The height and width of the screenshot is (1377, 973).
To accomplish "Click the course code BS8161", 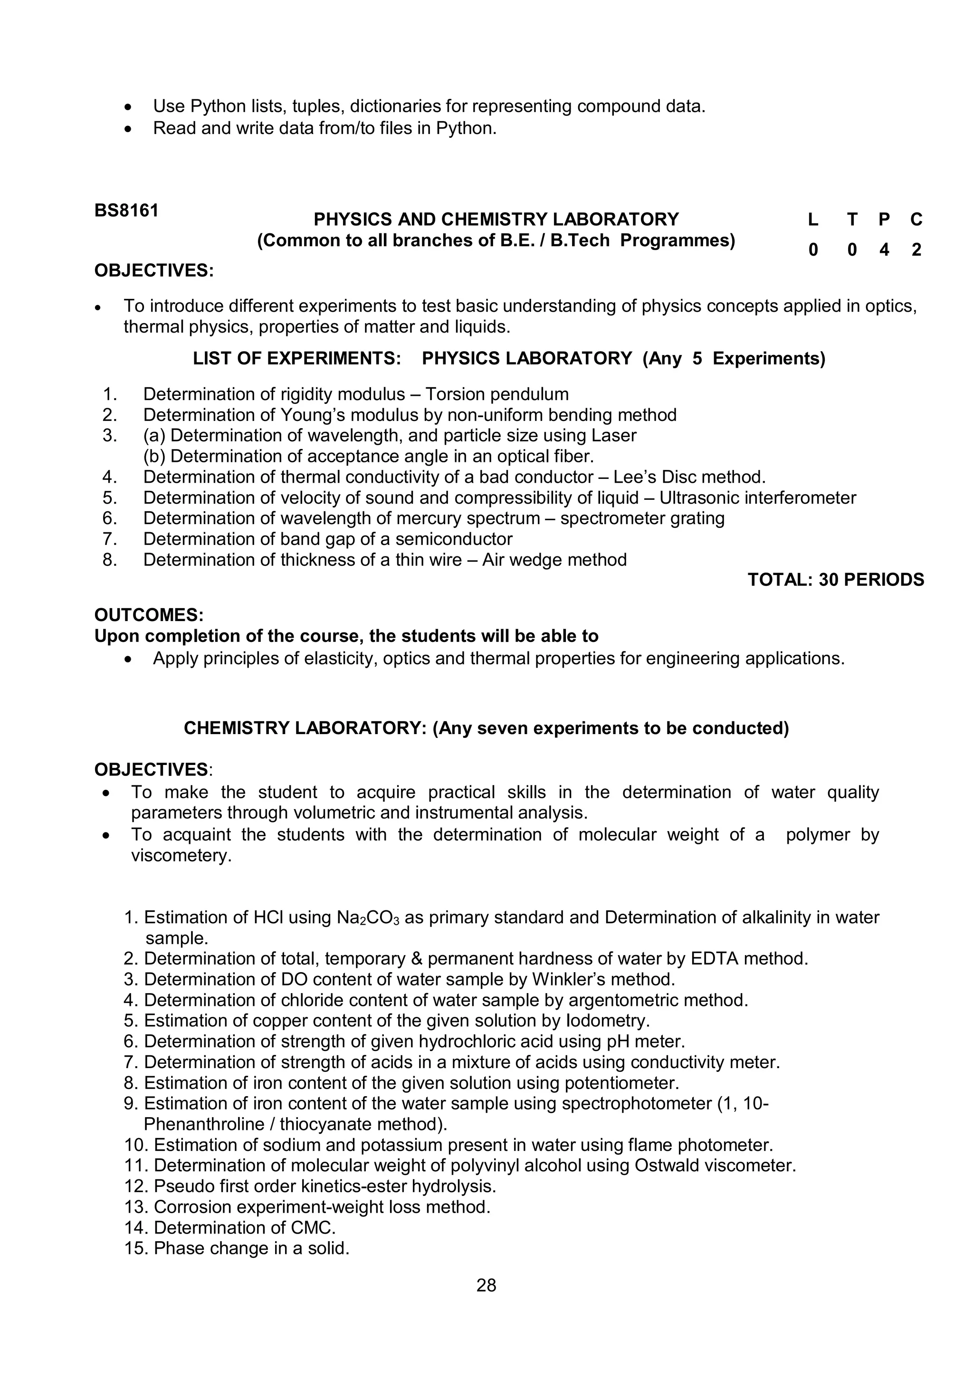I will (x=126, y=210).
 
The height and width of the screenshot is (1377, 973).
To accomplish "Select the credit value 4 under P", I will (x=884, y=249).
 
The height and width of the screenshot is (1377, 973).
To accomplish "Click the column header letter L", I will (x=813, y=220).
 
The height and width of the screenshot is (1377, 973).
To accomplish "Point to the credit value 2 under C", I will (x=916, y=249).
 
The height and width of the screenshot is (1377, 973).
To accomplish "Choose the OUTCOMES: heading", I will (x=149, y=615).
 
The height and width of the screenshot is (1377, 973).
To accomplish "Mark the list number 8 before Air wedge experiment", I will (x=110, y=560).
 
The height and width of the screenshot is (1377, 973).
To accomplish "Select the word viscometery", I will (x=181, y=855).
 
